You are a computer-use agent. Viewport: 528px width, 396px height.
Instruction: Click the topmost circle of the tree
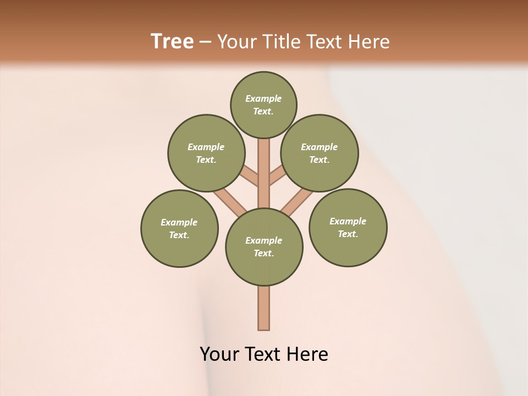click(x=263, y=105)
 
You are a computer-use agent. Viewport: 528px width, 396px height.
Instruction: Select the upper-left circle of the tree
click(x=206, y=153)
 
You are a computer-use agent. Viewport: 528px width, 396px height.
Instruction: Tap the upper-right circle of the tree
click(x=320, y=153)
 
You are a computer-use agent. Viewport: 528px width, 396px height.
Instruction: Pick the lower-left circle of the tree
click(x=179, y=228)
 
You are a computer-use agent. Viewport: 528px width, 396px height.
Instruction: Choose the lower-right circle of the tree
click(x=348, y=227)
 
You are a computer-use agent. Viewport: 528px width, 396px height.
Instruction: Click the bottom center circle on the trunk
click(x=264, y=247)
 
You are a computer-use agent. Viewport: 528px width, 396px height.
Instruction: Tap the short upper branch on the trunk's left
click(x=250, y=176)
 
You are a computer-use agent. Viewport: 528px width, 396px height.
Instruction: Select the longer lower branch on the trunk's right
click(x=297, y=201)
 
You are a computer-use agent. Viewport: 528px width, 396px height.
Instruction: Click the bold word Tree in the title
click(x=172, y=41)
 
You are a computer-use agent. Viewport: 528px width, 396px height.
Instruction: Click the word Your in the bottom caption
click(x=219, y=354)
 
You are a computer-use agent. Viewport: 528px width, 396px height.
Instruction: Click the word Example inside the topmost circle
click(x=263, y=99)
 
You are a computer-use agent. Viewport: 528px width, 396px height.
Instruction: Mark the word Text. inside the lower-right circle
click(x=348, y=234)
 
